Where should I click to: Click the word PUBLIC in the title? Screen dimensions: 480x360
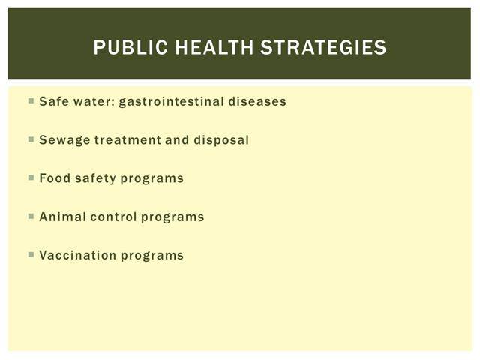130,47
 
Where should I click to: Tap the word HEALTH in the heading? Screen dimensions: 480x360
214,47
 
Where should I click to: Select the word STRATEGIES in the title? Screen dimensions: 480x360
323,47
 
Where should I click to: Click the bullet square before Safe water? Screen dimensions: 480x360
31,100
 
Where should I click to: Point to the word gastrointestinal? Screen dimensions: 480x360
172,102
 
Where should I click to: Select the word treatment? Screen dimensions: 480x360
127,140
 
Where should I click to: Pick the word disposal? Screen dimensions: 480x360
221,140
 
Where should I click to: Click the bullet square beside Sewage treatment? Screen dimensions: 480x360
31,139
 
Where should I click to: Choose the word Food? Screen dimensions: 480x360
55,178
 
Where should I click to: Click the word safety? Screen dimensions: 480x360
95,178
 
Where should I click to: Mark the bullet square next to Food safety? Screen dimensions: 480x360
31,178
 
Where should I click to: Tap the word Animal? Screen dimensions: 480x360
63,217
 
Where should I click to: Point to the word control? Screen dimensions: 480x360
113,217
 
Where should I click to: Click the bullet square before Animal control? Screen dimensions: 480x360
31,216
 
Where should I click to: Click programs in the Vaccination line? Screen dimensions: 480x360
152,256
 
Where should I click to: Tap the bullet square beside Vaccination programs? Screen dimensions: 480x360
31,254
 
